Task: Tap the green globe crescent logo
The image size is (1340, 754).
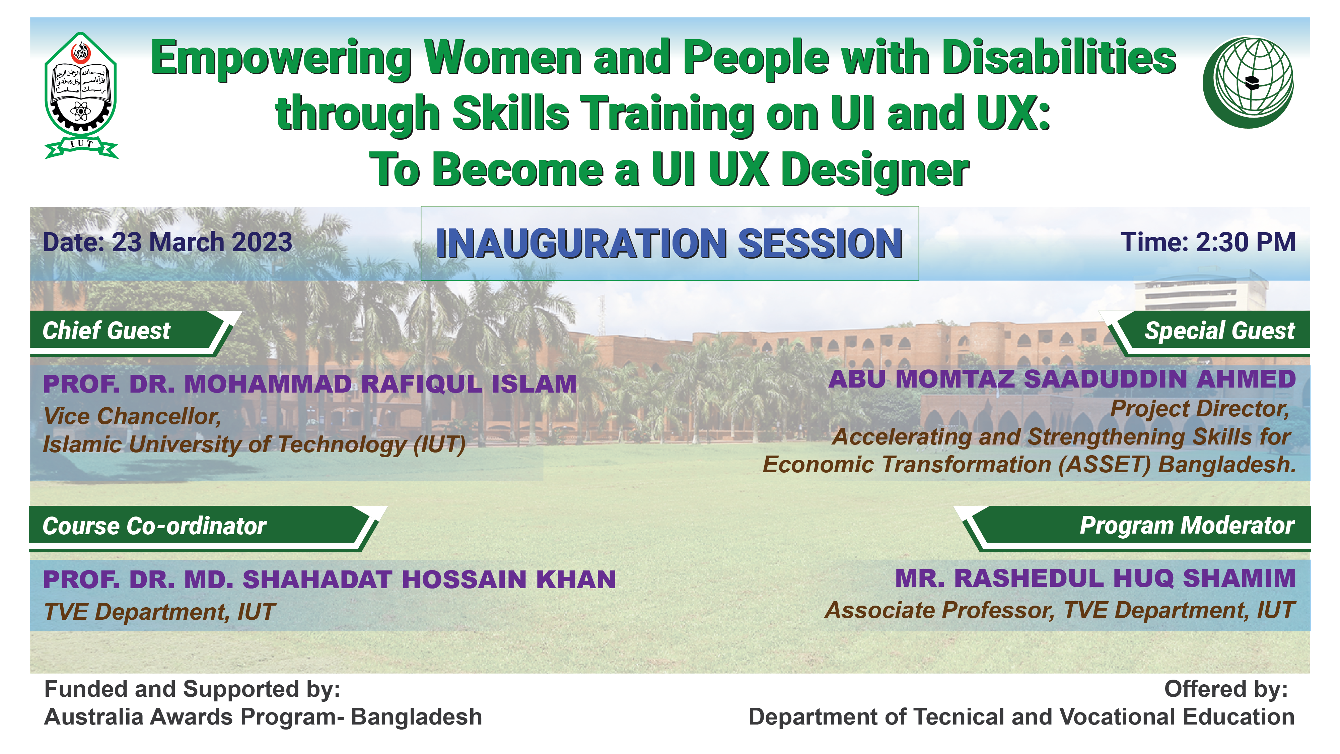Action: (1249, 82)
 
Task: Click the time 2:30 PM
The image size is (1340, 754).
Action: (1245, 243)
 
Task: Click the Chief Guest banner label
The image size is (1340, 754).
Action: (106, 331)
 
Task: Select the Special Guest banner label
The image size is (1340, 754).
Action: (1219, 331)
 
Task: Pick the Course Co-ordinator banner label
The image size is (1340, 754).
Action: (154, 526)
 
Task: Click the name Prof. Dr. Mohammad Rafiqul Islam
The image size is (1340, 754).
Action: (309, 384)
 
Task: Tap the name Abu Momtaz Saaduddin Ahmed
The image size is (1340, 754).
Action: (1062, 379)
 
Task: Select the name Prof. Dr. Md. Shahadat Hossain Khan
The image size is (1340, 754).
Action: (329, 580)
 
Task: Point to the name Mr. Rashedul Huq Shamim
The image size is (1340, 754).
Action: (1096, 578)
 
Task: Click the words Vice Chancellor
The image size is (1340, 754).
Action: (132, 416)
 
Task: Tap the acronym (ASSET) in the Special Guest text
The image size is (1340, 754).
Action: (1104, 465)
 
